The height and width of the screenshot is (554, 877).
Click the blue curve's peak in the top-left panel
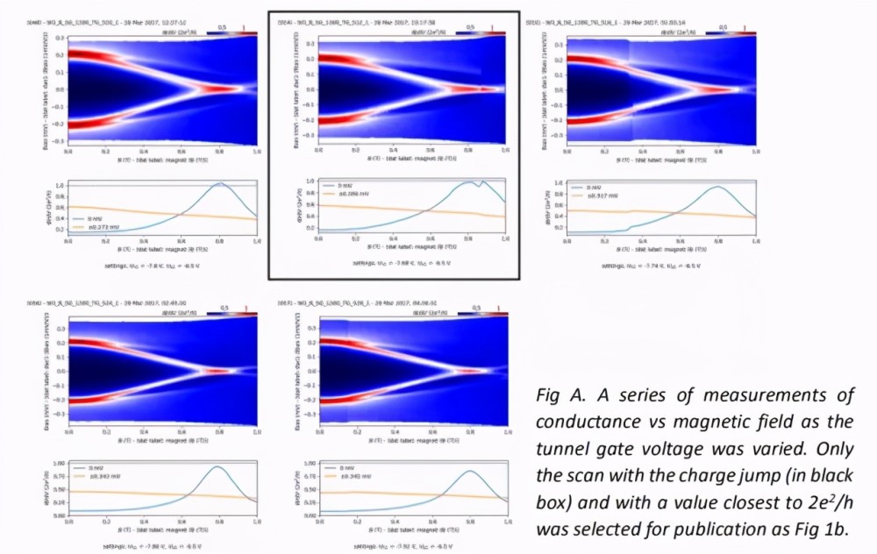[x=219, y=183]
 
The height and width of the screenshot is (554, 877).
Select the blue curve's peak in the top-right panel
[x=718, y=187]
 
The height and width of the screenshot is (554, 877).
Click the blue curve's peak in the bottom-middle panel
[x=470, y=471]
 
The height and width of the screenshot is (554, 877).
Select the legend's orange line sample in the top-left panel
[x=78, y=226]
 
